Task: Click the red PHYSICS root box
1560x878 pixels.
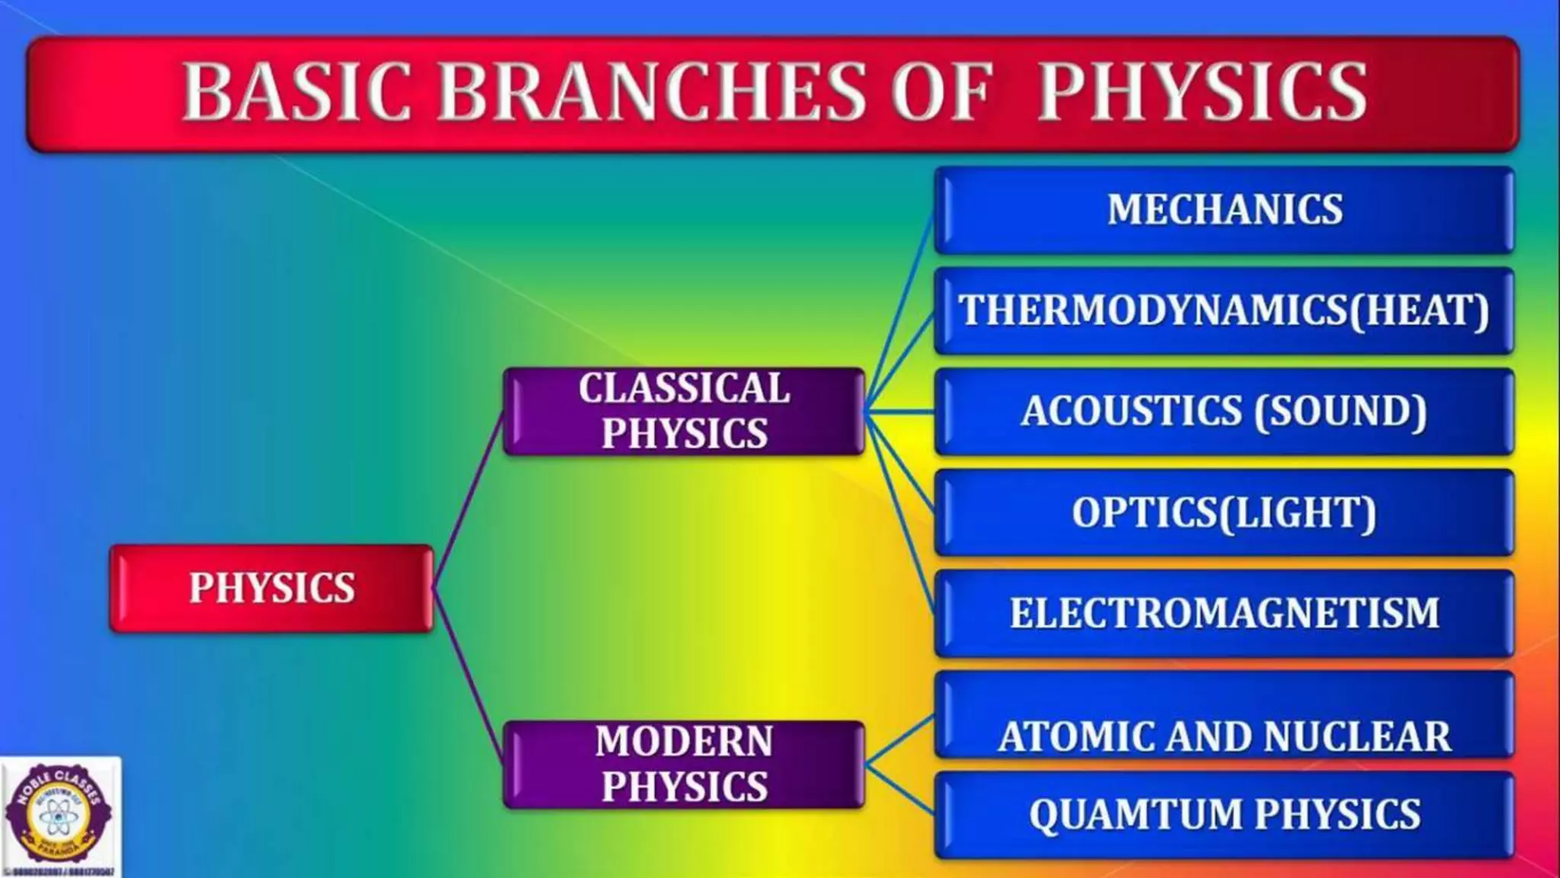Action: (272, 588)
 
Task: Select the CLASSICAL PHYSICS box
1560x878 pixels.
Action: (684, 412)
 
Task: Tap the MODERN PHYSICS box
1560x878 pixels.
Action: (684, 764)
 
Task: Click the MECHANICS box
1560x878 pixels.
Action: (1224, 210)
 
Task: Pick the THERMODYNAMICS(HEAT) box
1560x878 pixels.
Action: (1224, 311)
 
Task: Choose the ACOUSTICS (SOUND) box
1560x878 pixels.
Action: (1224, 412)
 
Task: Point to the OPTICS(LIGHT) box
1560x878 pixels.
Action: (1224, 512)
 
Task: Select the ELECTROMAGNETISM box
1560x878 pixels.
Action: (1224, 613)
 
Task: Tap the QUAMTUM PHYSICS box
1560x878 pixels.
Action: (1224, 814)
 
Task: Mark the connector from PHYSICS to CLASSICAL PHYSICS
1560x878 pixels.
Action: (468, 500)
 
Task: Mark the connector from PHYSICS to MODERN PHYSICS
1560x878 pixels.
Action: (468, 675)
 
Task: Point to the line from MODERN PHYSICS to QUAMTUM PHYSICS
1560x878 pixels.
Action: (900, 790)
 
